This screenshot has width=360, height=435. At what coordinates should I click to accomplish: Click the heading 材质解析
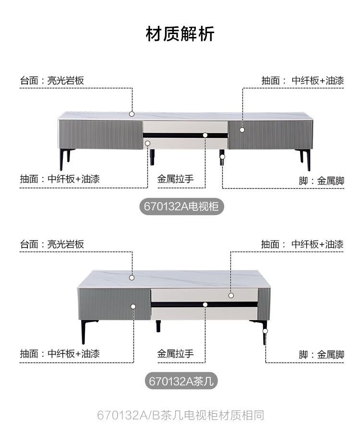coord(180,35)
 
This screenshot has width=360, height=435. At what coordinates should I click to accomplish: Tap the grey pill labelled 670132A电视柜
coord(181,207)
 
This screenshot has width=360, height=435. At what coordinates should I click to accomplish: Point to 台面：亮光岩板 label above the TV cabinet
coord(52,81)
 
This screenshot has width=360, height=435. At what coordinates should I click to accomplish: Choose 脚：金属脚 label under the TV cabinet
coord(321,181)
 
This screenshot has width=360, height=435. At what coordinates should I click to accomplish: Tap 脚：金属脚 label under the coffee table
coord(321,355)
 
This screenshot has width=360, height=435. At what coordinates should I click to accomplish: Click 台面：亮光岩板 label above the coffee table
coord(52,244)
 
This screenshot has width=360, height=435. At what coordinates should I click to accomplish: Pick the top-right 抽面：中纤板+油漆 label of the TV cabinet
coord(302,81)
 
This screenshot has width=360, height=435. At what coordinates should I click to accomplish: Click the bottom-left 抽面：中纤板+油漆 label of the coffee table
coord(60,354)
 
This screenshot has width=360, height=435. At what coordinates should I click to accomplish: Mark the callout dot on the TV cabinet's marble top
coord(132,114)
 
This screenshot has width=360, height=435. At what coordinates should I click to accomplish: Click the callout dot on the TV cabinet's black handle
coord(205,135)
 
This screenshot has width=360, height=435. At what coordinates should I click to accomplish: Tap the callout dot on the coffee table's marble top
coord(132,277)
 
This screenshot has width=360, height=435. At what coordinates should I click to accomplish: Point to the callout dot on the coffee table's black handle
coord(205,304)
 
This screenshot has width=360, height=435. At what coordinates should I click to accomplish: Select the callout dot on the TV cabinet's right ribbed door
coord(242,129)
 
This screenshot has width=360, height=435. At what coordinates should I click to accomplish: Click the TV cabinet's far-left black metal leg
coord(62,159)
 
